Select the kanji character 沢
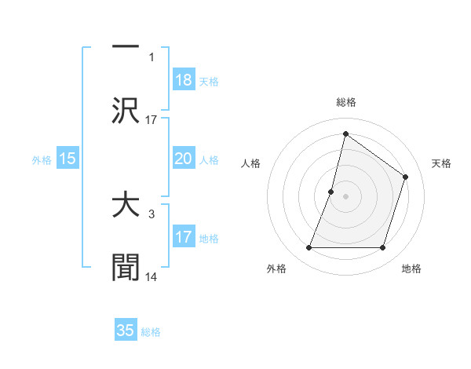(126, 109)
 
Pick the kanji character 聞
(126, 268)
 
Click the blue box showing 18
(184, 81)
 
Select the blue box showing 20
(184, 159)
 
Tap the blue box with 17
(184, 237)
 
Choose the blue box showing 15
(68, 159)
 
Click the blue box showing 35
(126, 331)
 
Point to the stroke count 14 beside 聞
(152, 276)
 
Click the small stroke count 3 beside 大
(151, 214)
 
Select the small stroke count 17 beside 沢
(152, 119)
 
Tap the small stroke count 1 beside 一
(152, 57)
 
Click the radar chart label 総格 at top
(345, 102)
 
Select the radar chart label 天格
(441, 163)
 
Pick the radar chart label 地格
(411, 269)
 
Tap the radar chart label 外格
(276, 269)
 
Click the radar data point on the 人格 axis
(331, 192)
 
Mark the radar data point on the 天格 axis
(406, 177)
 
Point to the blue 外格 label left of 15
(41, 159)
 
